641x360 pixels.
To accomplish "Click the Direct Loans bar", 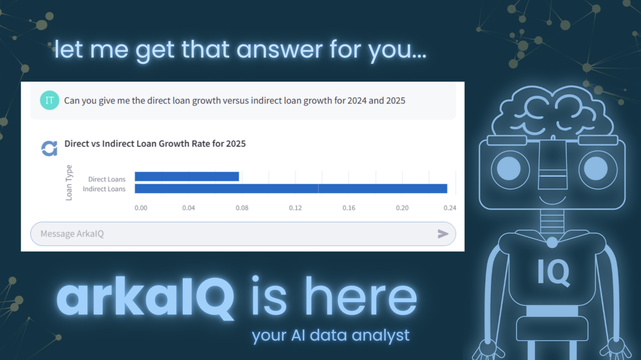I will tap(187, 177).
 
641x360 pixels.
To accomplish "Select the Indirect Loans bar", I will tap(291, 189).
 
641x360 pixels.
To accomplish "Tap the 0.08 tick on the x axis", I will tap(242, 208).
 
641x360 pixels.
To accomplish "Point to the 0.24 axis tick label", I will tap(450, 208).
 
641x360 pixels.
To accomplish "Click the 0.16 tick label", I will tap(349, 208).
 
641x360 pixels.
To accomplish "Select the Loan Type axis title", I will tap(69, 182).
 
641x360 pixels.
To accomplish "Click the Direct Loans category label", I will tap(107, 179).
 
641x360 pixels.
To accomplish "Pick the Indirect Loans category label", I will tap(104, 189).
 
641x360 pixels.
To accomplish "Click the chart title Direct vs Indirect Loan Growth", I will tap(155, 144).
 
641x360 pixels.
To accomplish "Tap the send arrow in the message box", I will tap(443, 234).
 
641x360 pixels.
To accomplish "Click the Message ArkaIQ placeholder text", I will tap(72, 234).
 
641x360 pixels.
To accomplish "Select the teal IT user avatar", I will tap(49, 100).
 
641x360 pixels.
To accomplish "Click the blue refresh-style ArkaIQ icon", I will tap(49, 149).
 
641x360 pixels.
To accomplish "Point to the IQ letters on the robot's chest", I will tap(553, 272).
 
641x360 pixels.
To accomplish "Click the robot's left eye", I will tap(509, 169).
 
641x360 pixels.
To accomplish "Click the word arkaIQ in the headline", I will tap(146, 297).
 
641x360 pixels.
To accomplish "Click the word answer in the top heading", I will tap(280, 50).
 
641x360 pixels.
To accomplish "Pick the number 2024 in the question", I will tap(356, 101).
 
